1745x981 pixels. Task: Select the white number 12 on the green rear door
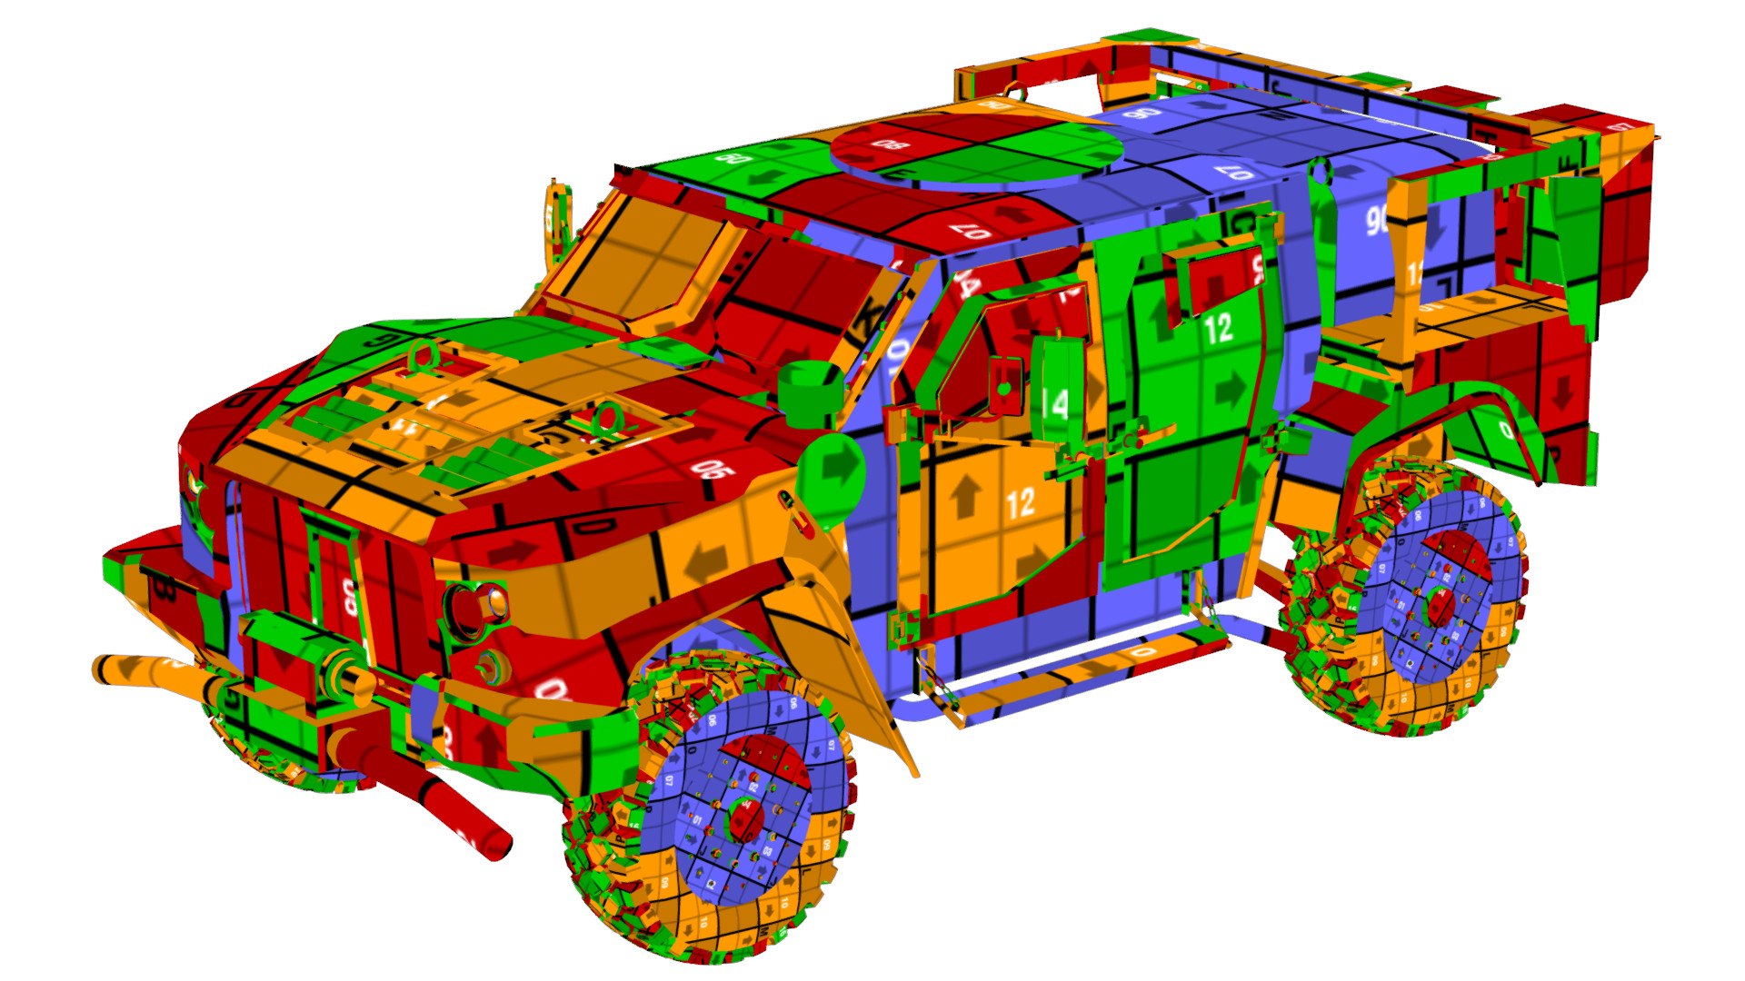coord(1218,329)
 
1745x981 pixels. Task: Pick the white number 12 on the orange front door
coord(1022,501)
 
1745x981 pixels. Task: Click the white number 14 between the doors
coord(1055,403)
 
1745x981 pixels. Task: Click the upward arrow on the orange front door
coord(965,497)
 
